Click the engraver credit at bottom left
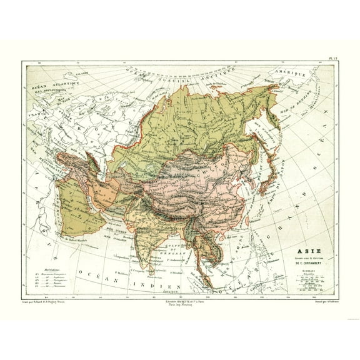coord(47,301)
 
